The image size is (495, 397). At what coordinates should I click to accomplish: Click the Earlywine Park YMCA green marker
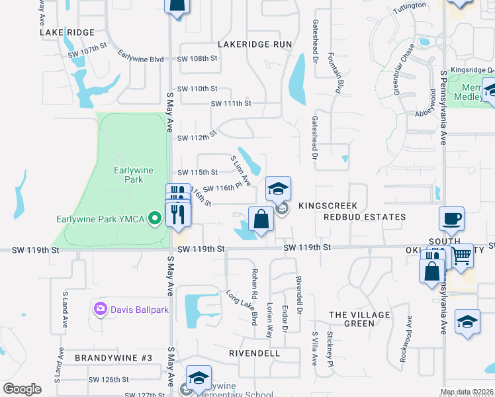coord(155,217)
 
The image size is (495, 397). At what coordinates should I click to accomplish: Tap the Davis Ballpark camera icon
coord(100,308)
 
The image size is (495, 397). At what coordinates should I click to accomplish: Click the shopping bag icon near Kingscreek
coord(261,218)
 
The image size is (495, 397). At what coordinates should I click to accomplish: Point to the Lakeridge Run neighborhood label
coord(255,44)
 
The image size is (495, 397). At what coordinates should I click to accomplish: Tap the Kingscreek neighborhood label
coord(328,206)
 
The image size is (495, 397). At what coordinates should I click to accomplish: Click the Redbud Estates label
coord(365,217)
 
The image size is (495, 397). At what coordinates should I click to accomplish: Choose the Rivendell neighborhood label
coord(255,353)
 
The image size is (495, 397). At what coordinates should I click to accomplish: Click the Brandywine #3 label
coord(114,358)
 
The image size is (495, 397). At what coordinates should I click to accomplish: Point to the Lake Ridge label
coord(67,32)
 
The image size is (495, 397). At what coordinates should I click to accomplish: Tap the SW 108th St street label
coord(198,58)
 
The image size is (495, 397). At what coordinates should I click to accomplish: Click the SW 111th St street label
coord(231,103)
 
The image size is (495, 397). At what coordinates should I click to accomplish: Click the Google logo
coord(22,389)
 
